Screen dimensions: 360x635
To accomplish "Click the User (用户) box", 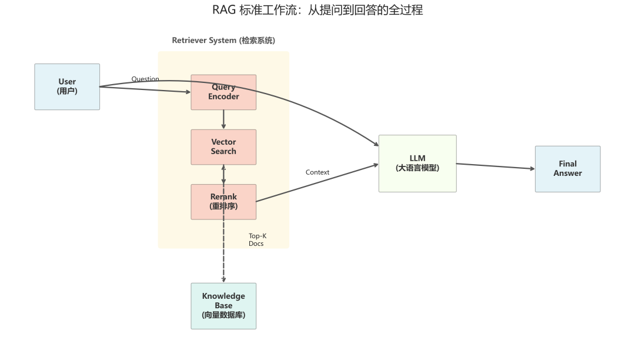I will click(x=67, y=86).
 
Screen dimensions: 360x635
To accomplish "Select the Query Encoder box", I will click(x=223, y=92).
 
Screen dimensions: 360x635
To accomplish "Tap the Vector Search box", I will click(x=223, y=147).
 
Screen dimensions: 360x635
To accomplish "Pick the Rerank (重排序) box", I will click(x=223, y=202).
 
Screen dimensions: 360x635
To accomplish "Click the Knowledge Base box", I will click(x=223, y=306).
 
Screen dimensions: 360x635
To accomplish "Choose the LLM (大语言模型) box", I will click(x=417, y=164).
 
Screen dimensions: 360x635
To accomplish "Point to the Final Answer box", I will click(x=567, y=169).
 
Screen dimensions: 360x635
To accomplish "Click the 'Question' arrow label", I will click(x=145, y=79).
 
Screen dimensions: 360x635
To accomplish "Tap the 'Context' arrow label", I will click(x=317, y=172).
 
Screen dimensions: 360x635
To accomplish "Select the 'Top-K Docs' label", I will click(x=257, y=239).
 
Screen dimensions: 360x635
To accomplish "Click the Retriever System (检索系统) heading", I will click(x=223, y=41).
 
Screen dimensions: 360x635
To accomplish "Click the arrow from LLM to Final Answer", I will click(x=495, y=166).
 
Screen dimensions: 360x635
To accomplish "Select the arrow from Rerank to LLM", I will click(x=317, y=183).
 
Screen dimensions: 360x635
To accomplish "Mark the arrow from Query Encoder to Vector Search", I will click(x=223, y=119).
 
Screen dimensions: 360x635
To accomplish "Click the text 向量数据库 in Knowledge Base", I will click(x=223, y=315).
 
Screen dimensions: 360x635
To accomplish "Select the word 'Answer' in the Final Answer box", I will click(x=567, y=174).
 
